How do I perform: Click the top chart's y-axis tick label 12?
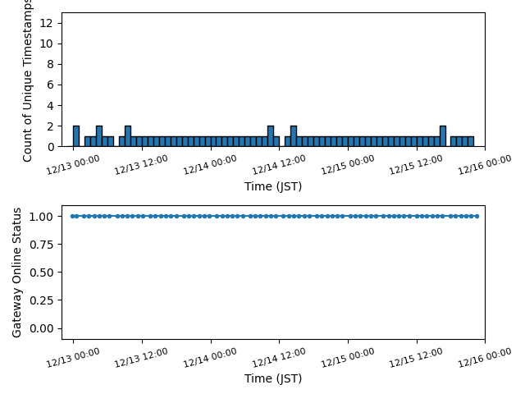click(x=51, y=23)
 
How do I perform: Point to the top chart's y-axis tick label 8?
click(x=51, y=64)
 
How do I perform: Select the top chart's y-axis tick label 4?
click(x=51, y=106)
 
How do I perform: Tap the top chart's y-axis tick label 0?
click(x=51, y=147)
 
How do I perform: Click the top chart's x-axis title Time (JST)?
click(x=273, y=186)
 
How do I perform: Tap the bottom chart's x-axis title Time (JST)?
click(x=273, y=378)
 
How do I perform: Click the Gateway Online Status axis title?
click(x=17, y=272)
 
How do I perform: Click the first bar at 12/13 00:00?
click(x=75, y=136)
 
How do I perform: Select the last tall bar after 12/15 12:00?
click(x=442, y=136)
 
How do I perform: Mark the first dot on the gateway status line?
click(x=73, y=216)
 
